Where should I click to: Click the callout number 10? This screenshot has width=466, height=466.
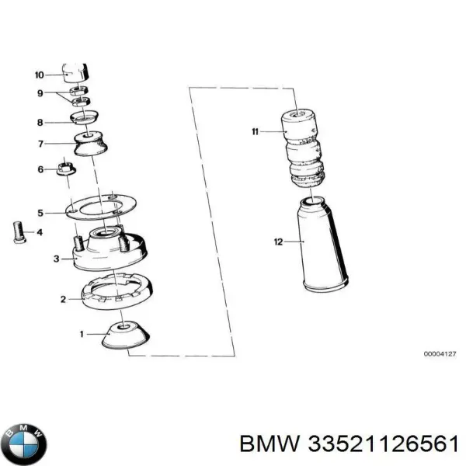click(x=40, y=75)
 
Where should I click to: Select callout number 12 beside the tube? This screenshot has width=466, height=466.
click(x=278, y=242)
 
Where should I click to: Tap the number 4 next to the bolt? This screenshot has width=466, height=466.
click(x=40, y=232)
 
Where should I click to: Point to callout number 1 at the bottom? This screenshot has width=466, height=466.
click(x=82, y=334)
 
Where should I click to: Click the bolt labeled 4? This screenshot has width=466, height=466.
click(x=19, y=233)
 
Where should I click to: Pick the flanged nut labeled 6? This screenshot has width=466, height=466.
click(x=66, y=169)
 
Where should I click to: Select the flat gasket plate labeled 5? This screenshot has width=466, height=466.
click(x=101, y=207)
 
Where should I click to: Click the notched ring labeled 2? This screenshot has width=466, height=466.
click(x=117, y=291)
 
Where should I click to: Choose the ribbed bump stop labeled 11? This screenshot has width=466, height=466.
click(x=303, y=148)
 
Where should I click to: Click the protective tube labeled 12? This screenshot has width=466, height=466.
click(x=323, y=244)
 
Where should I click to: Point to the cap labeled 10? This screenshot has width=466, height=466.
click(x=75, y=73)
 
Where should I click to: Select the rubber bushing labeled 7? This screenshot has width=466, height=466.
click(x=90, y=143)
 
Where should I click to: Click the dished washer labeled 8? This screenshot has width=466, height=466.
click(x=84, y=117)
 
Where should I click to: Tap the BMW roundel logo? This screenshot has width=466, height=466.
click(x=24, y=444)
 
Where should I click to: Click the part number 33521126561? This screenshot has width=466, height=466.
click(x=383, y=445)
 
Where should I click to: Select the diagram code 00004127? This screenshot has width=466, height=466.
click(x=440, y=354)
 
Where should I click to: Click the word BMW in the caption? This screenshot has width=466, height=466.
click(x=270, y=445)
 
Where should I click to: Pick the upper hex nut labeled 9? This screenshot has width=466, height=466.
click(x=78, y=90)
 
